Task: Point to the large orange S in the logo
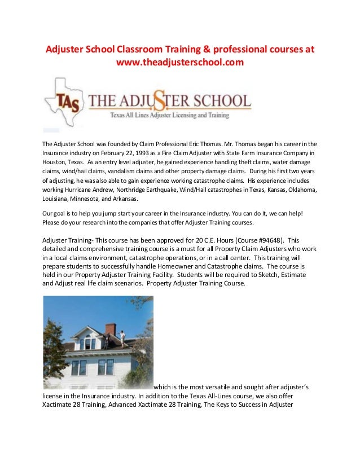(168, 102)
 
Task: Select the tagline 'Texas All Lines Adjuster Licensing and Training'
(169, 115)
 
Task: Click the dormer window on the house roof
(88, 341)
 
